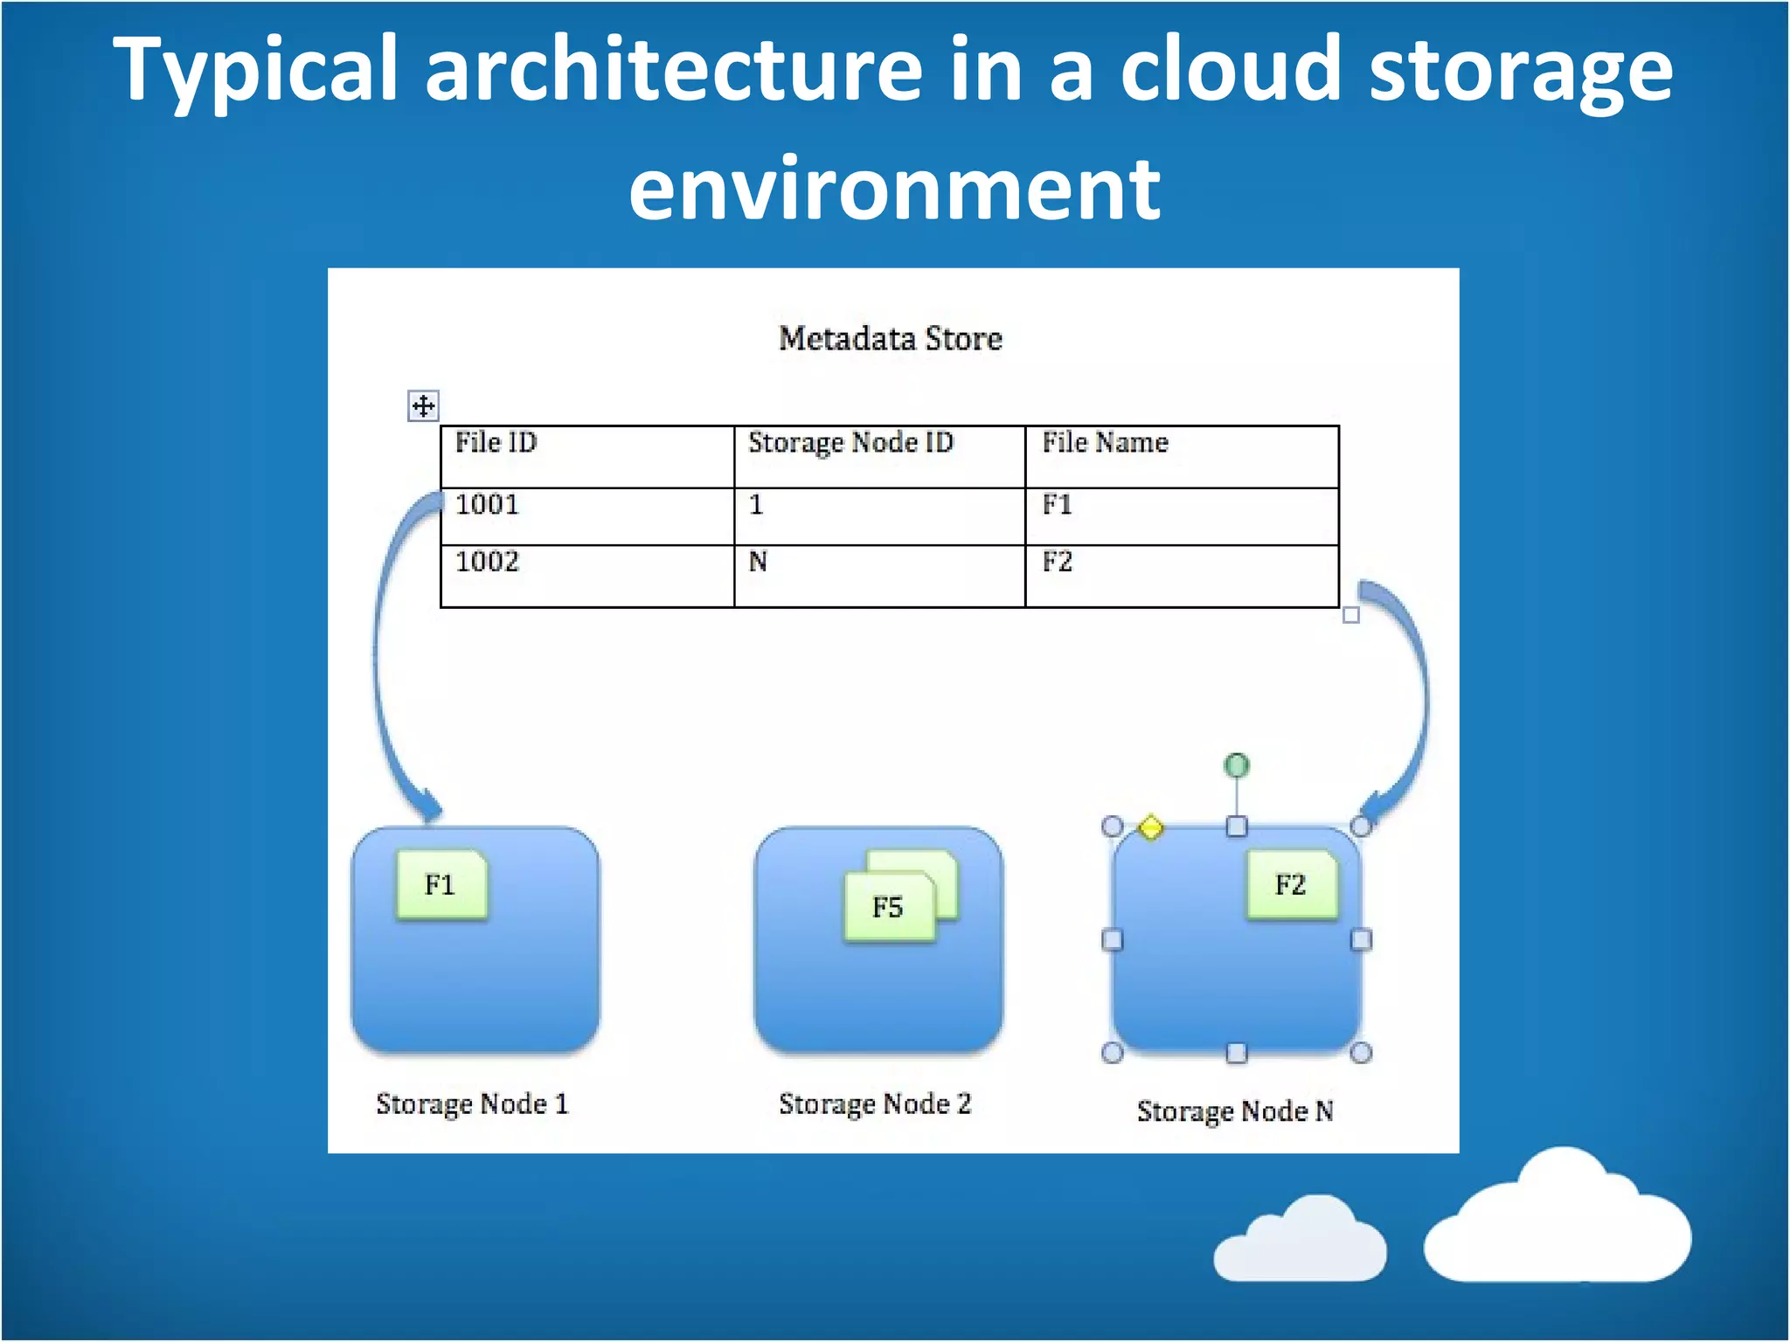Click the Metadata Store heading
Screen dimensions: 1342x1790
coord(890,338)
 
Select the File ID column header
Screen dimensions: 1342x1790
coord(496,442)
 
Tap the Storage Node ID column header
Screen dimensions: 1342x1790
coord(850,442)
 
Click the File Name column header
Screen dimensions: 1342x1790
coord(1105,442)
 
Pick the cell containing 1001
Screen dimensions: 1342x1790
coord(487,504)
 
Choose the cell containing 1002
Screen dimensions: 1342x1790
coord(487,561)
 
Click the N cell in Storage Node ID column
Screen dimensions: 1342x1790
coord(758,562)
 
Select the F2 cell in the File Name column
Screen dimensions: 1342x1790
coord(1057,562)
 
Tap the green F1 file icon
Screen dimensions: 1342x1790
coord(441,884)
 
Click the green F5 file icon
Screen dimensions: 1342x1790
coord(888,907)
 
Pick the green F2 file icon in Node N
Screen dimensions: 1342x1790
coord(1290,884)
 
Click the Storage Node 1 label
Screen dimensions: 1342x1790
coord(472,1103)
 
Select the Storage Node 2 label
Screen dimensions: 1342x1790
coord(875,1103)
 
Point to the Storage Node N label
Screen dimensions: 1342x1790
coord(1235,1110)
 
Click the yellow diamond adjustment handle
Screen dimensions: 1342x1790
coord(1150,827)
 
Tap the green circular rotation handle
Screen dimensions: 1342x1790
coord(1236,765)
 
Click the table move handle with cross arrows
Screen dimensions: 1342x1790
coord(423,406)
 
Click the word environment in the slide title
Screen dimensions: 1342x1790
coord(894,188)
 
